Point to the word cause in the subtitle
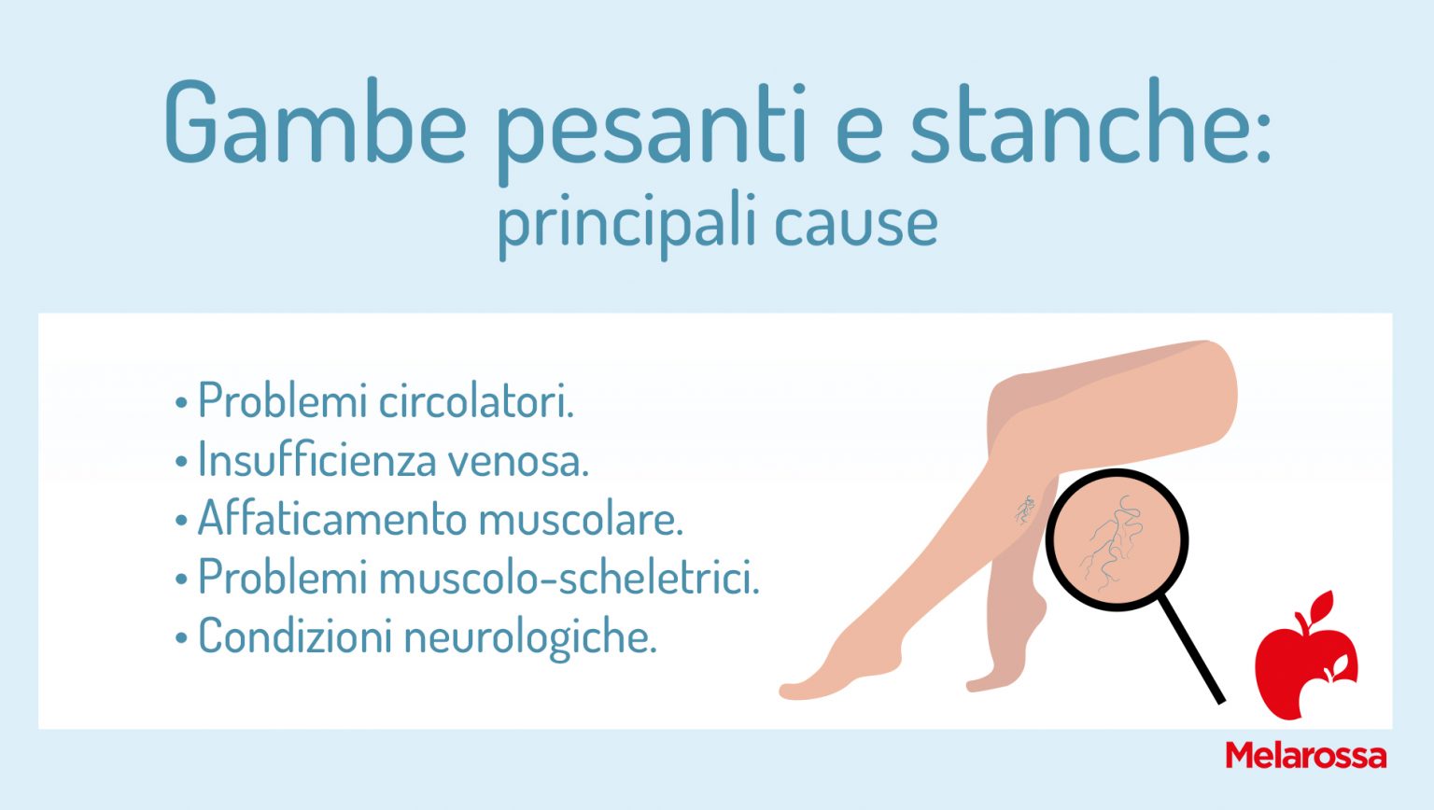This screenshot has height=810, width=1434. coord(855,225)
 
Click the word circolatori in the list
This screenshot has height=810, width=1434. coord(476,401)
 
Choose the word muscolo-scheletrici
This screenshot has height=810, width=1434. coord(569,578)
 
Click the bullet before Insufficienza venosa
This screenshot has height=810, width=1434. coord(181,462)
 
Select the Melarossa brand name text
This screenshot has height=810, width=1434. coord(1305,755)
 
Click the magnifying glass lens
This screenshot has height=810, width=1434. coord(1116,538)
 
